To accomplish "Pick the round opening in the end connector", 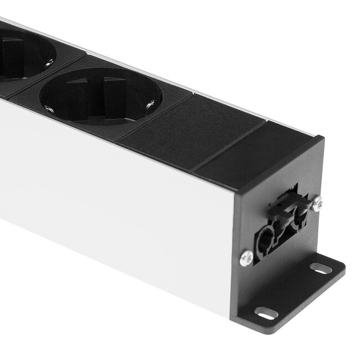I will (x=265, y=239).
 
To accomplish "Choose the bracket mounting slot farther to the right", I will (x=321, y=268).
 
